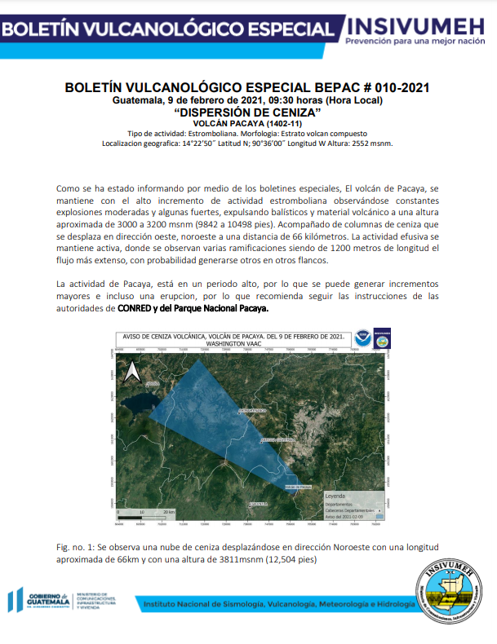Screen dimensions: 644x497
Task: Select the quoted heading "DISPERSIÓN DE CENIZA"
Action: (x=247, y=111)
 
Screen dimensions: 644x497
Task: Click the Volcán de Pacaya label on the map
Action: (x=298, y=487)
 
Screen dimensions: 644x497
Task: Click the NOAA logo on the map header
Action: (x=362, y=337)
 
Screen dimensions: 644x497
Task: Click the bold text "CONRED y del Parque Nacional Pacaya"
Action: (x=191, y=309)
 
